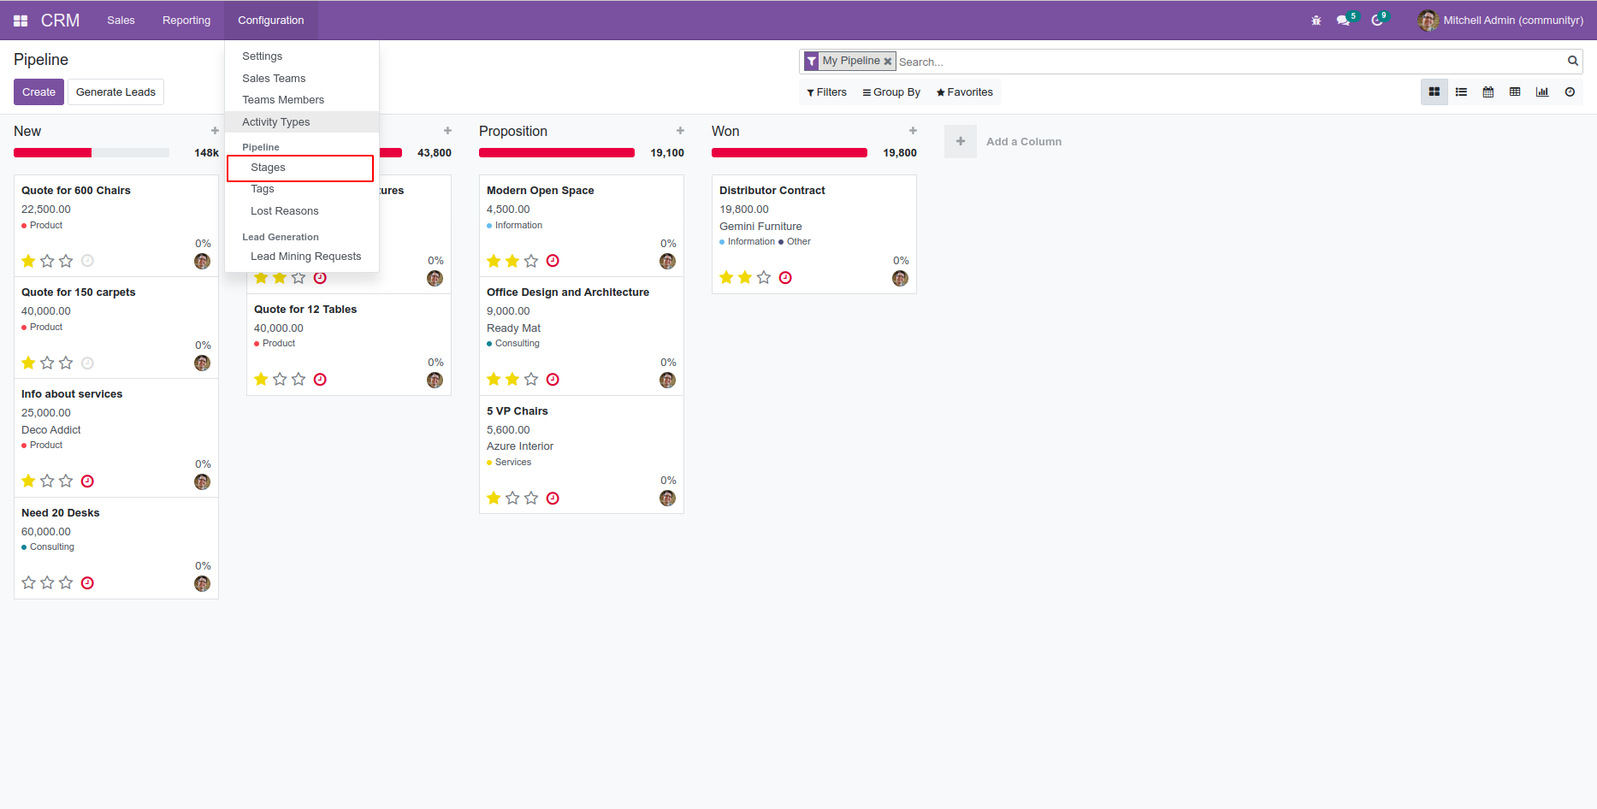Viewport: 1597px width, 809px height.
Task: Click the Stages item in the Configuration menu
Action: tap(268, 168)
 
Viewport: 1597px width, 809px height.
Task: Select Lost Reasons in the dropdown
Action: tap(284, 211)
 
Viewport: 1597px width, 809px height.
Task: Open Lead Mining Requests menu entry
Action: tap(305, 257)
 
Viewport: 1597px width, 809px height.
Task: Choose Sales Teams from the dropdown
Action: tap(273, 79)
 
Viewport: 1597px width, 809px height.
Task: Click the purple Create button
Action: tap(38, 92)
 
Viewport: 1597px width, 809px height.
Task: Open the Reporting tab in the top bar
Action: tap(186, 21)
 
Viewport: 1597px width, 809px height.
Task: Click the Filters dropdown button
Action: tap(826, 92)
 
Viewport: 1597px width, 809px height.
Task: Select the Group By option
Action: tap(891, 92)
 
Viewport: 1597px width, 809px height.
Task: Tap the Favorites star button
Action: tap(964, 92)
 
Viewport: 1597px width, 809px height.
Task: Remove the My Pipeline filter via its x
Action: tap(888, 62)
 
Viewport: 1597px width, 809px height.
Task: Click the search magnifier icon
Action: tap(1572, 61)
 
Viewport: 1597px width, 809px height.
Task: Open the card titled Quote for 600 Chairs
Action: tap(76, 191)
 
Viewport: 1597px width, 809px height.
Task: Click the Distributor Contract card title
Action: tap(772, 191)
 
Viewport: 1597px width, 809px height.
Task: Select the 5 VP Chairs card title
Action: tap(517, 411)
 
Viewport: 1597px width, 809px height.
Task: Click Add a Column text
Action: tap(1023, 142)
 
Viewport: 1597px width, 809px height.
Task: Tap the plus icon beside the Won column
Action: tap(913, 131)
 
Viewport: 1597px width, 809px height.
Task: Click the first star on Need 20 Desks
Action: tap(28, 583)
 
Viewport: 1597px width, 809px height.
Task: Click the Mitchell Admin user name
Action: tap(1512, 21)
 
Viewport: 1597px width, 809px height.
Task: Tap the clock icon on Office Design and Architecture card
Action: tap(553, 380)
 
